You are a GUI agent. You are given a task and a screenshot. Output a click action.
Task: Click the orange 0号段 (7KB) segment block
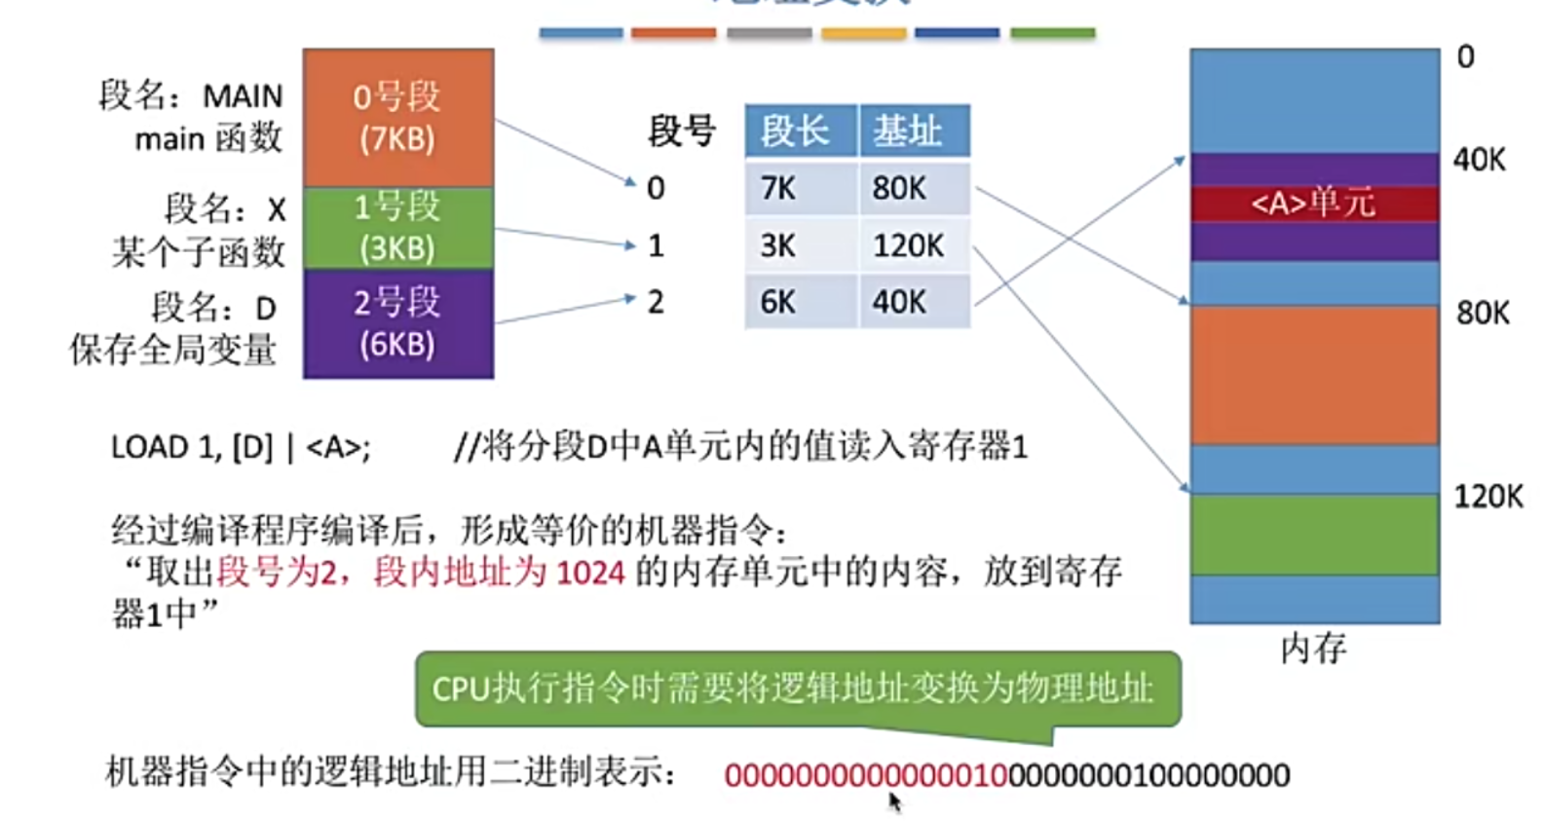coord(397,117)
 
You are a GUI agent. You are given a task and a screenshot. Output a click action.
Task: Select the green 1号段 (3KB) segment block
coord(397,227)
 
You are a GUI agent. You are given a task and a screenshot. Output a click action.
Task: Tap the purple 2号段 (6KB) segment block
coord(397,323)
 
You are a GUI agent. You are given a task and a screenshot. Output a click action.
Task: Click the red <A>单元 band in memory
coord(1313,203)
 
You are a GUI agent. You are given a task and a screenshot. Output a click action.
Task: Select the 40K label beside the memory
coord(1479,159)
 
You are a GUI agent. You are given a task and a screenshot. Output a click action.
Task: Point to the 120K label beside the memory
coord(1487,497)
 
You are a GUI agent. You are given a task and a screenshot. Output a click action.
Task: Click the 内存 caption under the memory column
coord(1313,648)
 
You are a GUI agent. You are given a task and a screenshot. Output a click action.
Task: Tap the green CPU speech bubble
coord(797,690)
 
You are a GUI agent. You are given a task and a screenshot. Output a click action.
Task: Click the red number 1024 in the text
coord(590,572)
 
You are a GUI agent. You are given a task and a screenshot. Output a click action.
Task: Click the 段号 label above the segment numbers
coord(682,131)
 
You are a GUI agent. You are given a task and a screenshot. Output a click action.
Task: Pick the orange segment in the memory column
coord(1313,375)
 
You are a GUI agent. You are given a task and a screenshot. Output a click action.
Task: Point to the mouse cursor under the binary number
coord(894,801)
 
